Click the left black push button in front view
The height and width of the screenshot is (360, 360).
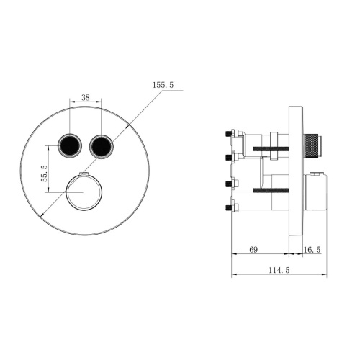[x=71, y=145]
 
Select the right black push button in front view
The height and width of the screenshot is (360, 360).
[x=101, y=145]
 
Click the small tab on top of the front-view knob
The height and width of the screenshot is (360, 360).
[x=84, y=176]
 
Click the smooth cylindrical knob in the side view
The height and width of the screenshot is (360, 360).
[x=315, y=192]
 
